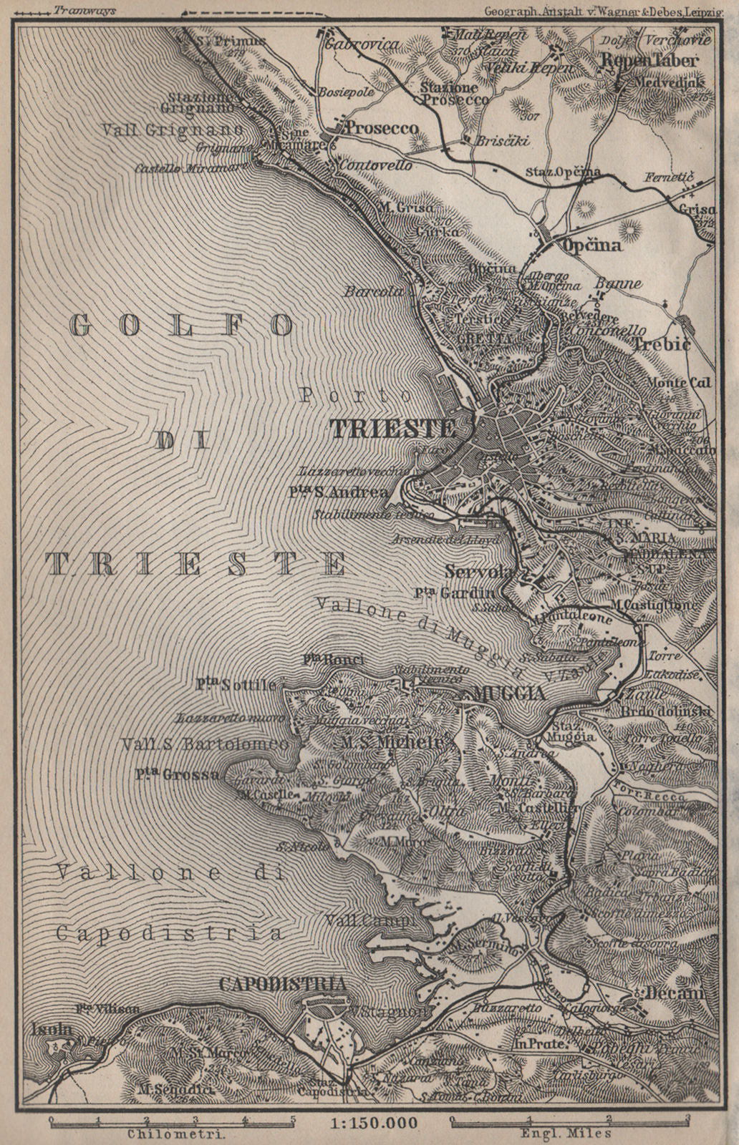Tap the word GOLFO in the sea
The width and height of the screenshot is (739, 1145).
[182, 326]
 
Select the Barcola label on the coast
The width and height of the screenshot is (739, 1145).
[368, 292]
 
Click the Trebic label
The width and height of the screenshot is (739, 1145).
[661, 345]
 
